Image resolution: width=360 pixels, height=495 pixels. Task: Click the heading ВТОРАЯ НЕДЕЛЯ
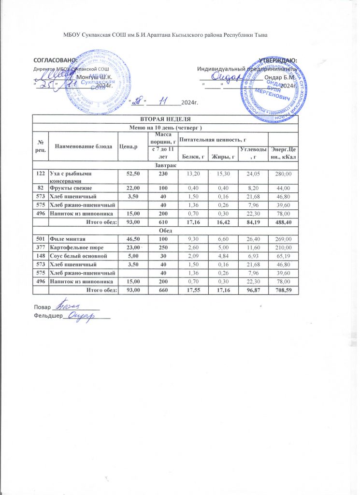click(165, 118)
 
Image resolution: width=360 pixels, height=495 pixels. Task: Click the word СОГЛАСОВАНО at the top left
click(55, 60)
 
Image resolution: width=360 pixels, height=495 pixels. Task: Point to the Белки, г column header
click(193, 157)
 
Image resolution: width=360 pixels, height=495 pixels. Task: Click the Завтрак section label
click(165, 165)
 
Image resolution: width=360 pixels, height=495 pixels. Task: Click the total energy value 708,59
click(282, 290)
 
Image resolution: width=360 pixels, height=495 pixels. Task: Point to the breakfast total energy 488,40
click(282, 222)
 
